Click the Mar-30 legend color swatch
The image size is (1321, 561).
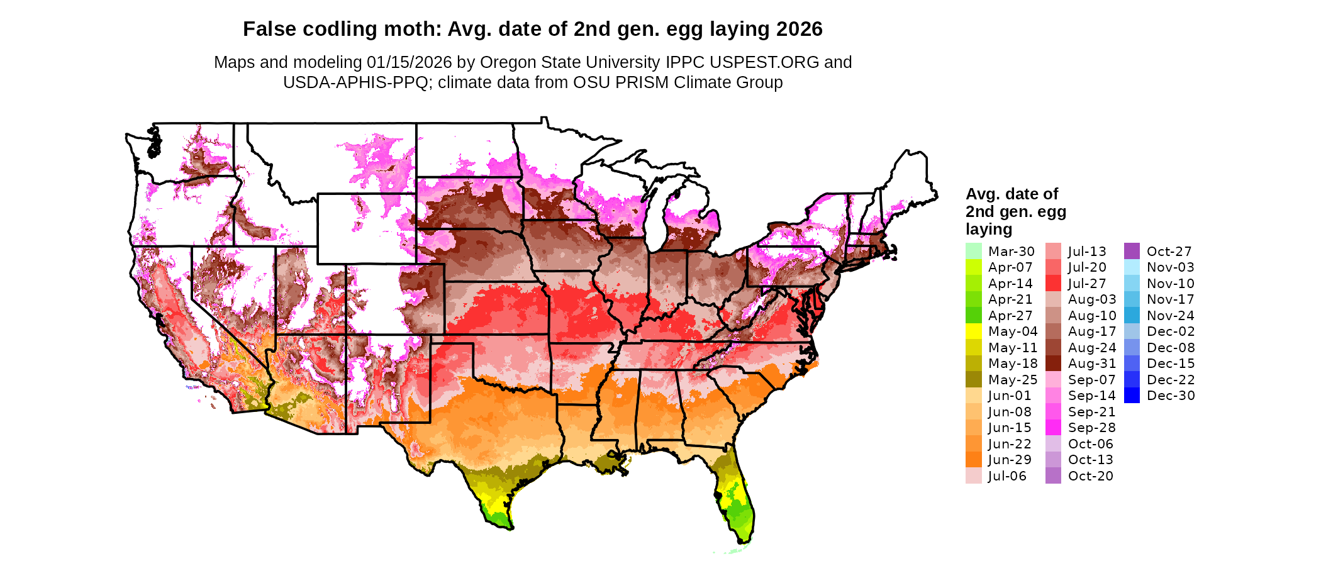pos(973,251)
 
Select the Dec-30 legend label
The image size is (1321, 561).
pos(1171,396)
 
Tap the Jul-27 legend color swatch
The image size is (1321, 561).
pos(1053,283)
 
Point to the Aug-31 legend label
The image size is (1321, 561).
pos(1092,364)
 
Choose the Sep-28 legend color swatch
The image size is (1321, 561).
pos(1053,428)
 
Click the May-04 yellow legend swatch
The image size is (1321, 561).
pos(973,331)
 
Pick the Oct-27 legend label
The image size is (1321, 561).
pos(1169,252)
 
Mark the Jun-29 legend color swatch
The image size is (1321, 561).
pos(973,460)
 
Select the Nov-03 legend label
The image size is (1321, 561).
pos(1170,267)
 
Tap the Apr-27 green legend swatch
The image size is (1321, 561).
pos(973,315)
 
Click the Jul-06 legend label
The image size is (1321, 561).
pos(1007,476)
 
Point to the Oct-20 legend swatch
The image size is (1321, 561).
pos(1053,476)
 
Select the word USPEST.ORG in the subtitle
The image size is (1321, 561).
pos(764,62)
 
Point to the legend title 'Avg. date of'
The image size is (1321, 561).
pos(1012,194)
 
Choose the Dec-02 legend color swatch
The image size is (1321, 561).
pos(1132,331)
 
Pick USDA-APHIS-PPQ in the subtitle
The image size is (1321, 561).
pos(355,82)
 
